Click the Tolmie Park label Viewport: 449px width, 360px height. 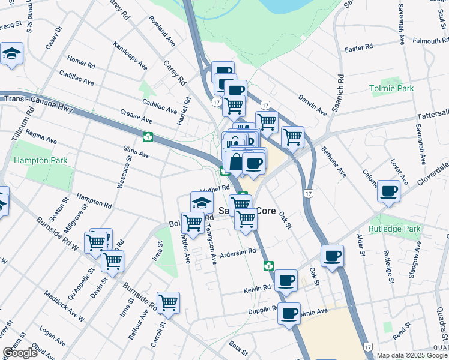pyautogui.click(x=391, y=88)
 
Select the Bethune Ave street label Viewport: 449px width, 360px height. pyautogui.click(x=334, y=161)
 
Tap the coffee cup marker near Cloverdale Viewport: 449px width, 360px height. pyautogui.click(x=388, y=191)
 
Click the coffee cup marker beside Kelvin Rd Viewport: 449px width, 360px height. pyautogui.click(x=286, y=280)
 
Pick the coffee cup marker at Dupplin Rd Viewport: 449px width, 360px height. pyautogui.click(x=289, y=313)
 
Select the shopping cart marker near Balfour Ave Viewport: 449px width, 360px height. pyautogui.click(x=168, y=302)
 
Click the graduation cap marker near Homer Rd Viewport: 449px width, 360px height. pyautogui.click(x=11, y=54)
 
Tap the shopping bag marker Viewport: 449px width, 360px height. pyautogui.click(x=235, y=163)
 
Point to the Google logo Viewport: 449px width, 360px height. pyautogui.click(x=20, y=353)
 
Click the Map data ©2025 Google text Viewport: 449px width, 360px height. pyautogui.click(x=411, y=355)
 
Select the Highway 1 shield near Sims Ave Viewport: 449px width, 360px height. pyautogui.click(x=146, y=137)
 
